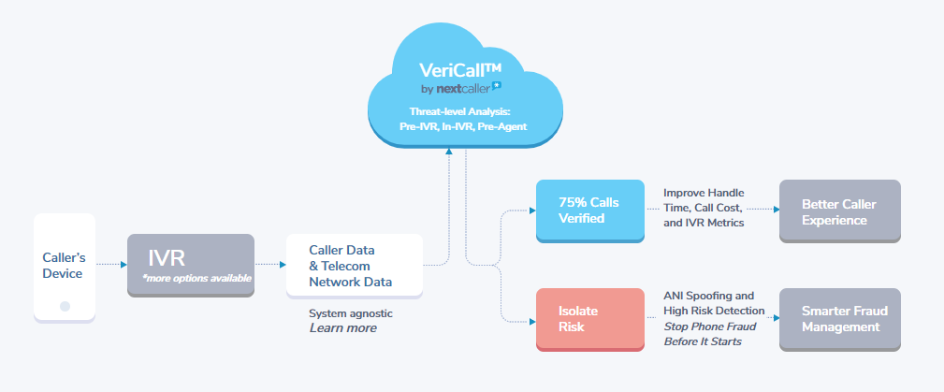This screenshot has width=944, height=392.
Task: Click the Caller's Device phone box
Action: tap(64, 267)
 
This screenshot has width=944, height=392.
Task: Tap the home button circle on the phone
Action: tap(65, 306)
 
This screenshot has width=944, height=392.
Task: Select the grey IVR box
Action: tap(190, 266)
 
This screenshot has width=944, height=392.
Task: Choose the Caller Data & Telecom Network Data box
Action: tap(354, 266)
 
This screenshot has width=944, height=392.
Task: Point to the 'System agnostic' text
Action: tap(351, 312)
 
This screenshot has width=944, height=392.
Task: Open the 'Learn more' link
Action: tap(342, 328)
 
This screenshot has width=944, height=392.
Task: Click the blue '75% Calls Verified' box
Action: tap(589, 211)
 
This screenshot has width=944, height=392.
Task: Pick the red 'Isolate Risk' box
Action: tap(589, 319)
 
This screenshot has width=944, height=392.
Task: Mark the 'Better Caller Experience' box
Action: tap(838, 211)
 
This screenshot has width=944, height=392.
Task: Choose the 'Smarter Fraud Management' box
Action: tap(838, 319)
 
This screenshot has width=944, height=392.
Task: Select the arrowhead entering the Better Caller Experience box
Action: tap(775, 211)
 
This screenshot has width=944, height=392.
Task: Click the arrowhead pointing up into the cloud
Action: tap(449, 152)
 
